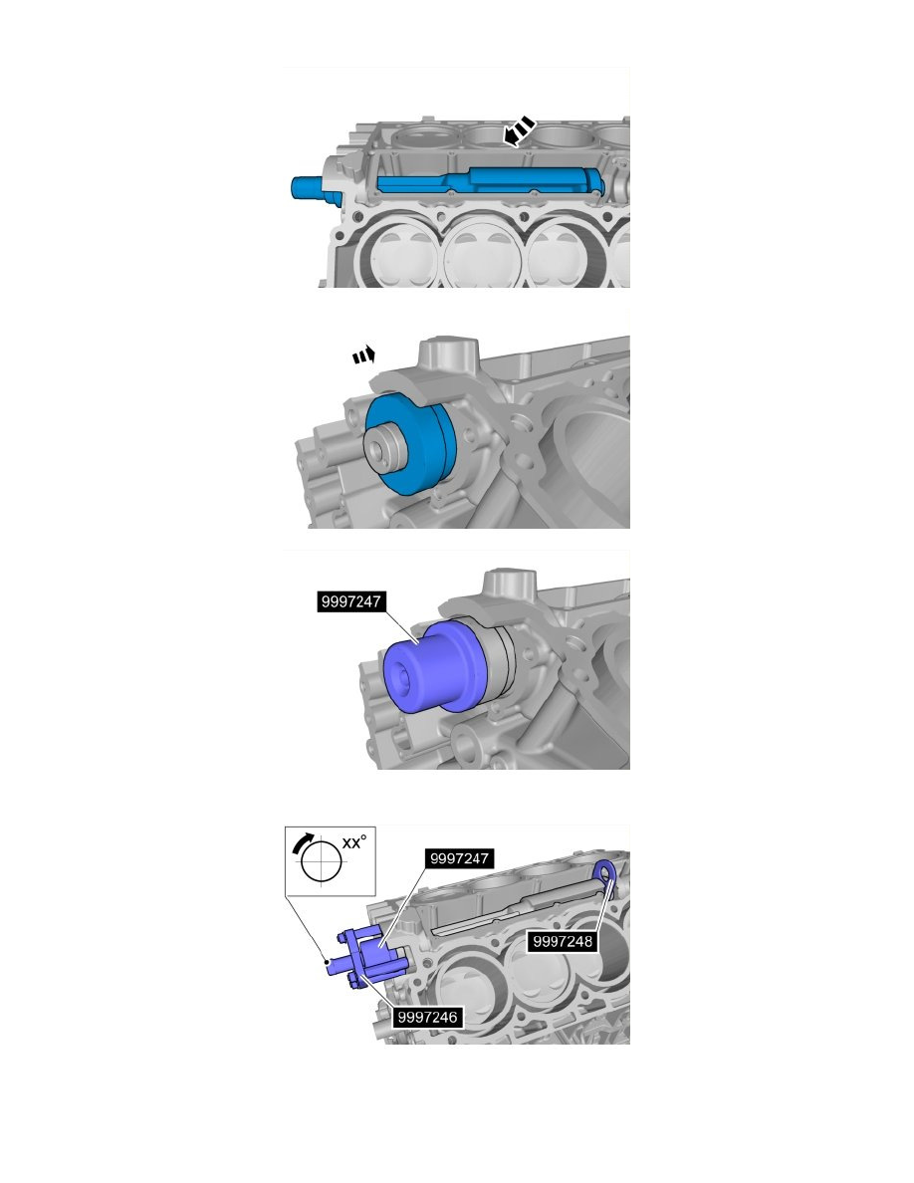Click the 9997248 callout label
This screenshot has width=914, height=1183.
pos(563,940)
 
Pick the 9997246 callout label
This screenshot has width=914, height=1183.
pos(428,1017)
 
